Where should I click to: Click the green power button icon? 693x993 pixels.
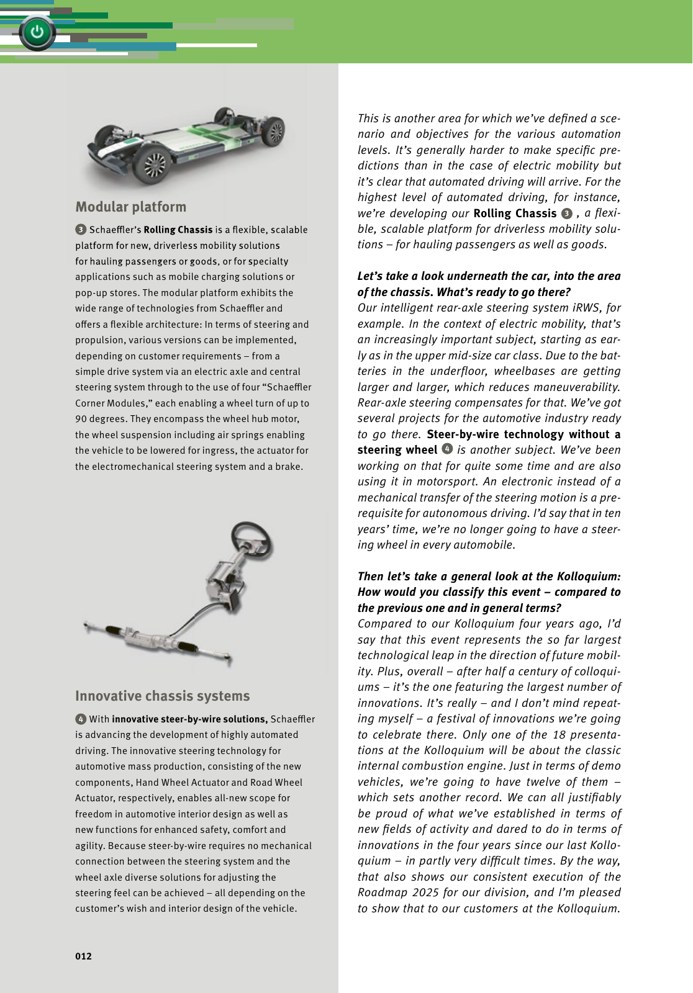point(37,32)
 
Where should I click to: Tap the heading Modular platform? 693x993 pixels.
point(130,207)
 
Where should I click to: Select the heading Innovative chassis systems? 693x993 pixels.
point(162,696)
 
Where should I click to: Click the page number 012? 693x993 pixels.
point(83,956)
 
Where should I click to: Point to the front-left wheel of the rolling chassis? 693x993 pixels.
point(153,164)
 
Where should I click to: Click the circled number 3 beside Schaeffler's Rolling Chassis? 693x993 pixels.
point(81,230)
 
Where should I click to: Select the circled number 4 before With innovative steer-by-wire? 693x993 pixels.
point(81,719)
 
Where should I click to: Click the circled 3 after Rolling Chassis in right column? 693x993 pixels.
point(566,213)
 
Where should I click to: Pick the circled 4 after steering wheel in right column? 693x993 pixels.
point(447,449)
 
